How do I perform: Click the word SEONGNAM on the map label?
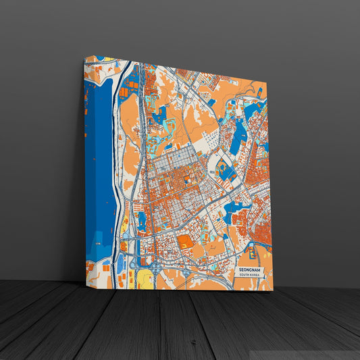pyautogui.click(x=250, y=269)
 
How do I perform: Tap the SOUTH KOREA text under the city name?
pyautogui.click(x=250, y=275)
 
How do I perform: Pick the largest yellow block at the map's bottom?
pyautogui.click(x=143, y=278)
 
